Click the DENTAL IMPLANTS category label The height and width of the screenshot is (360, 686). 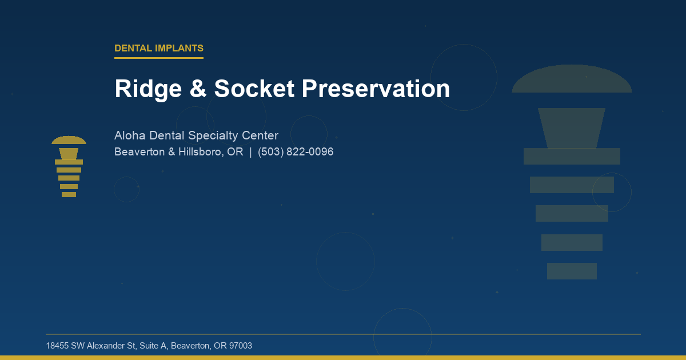click(x=159, y=49)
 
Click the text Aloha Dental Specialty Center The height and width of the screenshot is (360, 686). click(x=196, y=135)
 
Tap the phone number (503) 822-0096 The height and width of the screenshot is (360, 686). click(x=296, y=152)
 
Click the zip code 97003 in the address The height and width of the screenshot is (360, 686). click(x=241, y=346)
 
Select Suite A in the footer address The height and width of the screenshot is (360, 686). click(x=151, y=346)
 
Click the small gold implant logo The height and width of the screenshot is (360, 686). click(x=69, y=167)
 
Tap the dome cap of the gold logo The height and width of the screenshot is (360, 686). click(x=69, y=141)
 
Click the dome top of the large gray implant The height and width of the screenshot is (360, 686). click(x=572, y=80)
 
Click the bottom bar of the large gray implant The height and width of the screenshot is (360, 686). click(x=572, y=271)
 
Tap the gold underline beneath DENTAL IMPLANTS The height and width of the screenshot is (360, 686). click(x=159, y=58)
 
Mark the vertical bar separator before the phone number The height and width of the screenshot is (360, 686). click(x=250, y=152)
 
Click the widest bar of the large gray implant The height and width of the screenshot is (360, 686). click(x=572, y=156)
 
